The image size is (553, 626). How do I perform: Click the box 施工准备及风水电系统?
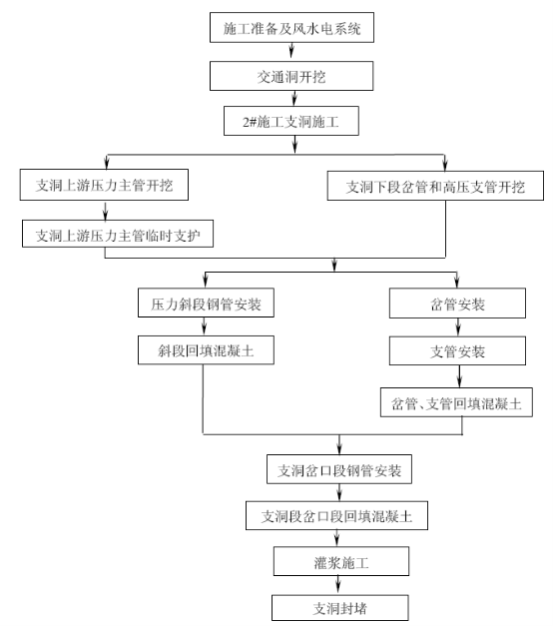click(291, 27)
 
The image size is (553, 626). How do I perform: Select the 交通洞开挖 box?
click(291, 76)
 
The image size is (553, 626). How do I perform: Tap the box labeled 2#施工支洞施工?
click(291, 121)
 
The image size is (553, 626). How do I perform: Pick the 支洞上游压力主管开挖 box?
click(104, 185)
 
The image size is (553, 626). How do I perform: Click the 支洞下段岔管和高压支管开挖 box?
click(435, 186)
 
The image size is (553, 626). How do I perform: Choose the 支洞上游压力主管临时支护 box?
click(118, 234)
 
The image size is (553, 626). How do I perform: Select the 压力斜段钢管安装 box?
click(206, 303)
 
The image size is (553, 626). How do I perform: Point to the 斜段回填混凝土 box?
click(206, 350)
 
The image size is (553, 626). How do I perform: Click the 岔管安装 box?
click(457, 304)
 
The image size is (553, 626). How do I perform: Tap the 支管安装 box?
click(457, 350)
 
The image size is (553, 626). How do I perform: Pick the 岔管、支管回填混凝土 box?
click(456, 402)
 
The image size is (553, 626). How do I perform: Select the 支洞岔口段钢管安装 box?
click(339, 469)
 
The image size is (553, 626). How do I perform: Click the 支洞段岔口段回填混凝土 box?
click(337, 516)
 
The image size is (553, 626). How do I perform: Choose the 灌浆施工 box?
click(341, 561)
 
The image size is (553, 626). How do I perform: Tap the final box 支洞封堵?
click(340, 608)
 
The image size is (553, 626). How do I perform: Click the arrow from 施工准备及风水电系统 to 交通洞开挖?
click(291, 50)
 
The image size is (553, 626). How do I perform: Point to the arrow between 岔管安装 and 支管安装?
click(458, 326)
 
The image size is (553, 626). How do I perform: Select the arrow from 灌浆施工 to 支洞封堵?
click(338, 584)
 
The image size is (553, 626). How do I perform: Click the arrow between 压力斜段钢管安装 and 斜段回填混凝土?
click(205, 326)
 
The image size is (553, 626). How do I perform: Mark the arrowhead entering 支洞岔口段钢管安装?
click(339, 450)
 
